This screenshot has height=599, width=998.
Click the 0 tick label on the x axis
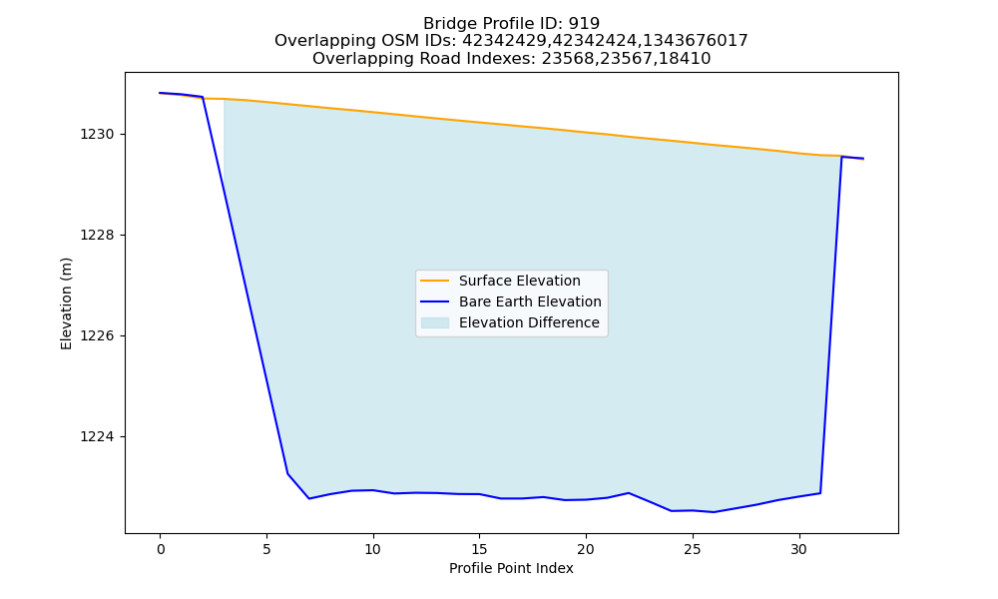(161, 550)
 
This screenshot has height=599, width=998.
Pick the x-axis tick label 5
(266, 550)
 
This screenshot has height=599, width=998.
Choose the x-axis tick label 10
(373, 550)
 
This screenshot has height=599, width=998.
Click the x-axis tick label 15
(479, 550)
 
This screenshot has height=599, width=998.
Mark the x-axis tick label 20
(586, 550)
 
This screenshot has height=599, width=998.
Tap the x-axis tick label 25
(693, 550)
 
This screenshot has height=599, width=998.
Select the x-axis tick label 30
(798, 550)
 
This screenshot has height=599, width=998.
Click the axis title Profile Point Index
(511, 568)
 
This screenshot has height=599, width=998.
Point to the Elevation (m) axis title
(66, 303)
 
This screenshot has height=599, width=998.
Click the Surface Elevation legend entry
(519, 281)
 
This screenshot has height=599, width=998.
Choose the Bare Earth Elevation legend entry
(530, 301)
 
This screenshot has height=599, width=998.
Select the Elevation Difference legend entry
(529, 322)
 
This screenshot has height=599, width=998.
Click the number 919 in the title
(584, 24)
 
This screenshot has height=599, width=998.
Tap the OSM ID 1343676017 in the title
(695, 41)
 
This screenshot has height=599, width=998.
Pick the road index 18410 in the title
(686, 59)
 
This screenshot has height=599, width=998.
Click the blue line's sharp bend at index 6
(287, 473)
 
